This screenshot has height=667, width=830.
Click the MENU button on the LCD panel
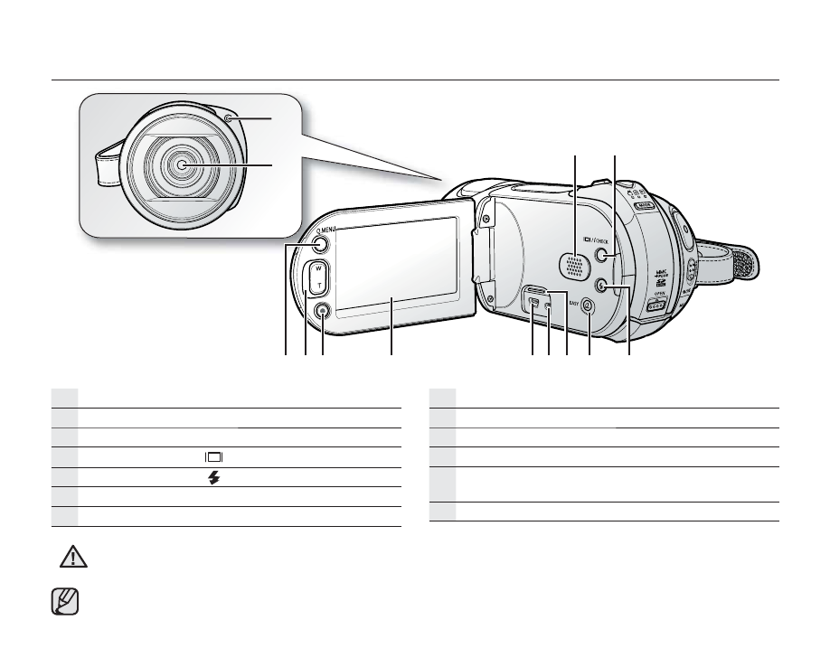(x=322, y=243)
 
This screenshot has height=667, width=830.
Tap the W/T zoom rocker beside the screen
(x=316, y=277)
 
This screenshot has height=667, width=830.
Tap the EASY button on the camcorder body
(x=589, y=305)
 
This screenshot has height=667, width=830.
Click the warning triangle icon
(x=68, y=558)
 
